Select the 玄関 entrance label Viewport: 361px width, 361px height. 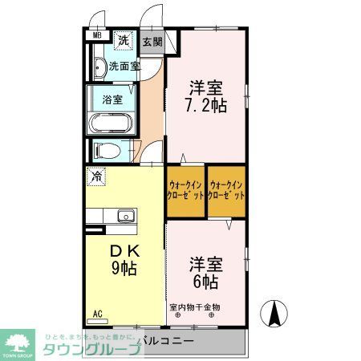coord(152,42)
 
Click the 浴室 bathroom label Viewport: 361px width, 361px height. coord(112,100)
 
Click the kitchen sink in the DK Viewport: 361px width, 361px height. coord(125,215)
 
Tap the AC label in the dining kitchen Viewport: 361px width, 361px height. coord(97,314)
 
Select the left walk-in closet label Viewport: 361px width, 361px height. coord(186,191)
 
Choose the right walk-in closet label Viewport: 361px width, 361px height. coord(225,191)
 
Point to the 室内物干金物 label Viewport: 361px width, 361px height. coord(195,307)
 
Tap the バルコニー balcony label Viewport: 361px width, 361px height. coord(165,341)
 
